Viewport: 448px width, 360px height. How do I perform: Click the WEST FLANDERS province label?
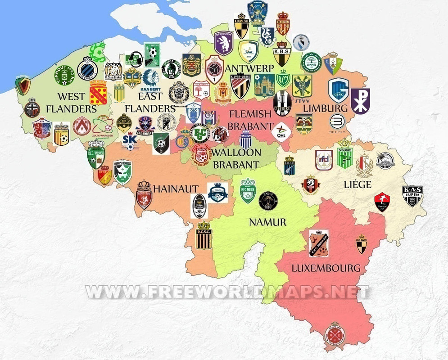72,102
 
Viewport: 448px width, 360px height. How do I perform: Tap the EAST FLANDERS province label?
150,102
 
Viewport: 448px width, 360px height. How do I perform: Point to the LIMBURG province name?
325,108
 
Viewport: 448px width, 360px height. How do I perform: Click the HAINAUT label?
176,189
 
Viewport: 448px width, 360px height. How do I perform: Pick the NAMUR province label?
267,222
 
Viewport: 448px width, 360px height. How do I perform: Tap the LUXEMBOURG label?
326,268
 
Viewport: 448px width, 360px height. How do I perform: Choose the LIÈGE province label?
357,184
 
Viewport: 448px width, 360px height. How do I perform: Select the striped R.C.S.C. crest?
204,235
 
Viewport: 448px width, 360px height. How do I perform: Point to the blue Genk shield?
339,90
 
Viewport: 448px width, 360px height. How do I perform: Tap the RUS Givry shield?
361,243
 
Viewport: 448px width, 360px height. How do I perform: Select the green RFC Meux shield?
248,191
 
